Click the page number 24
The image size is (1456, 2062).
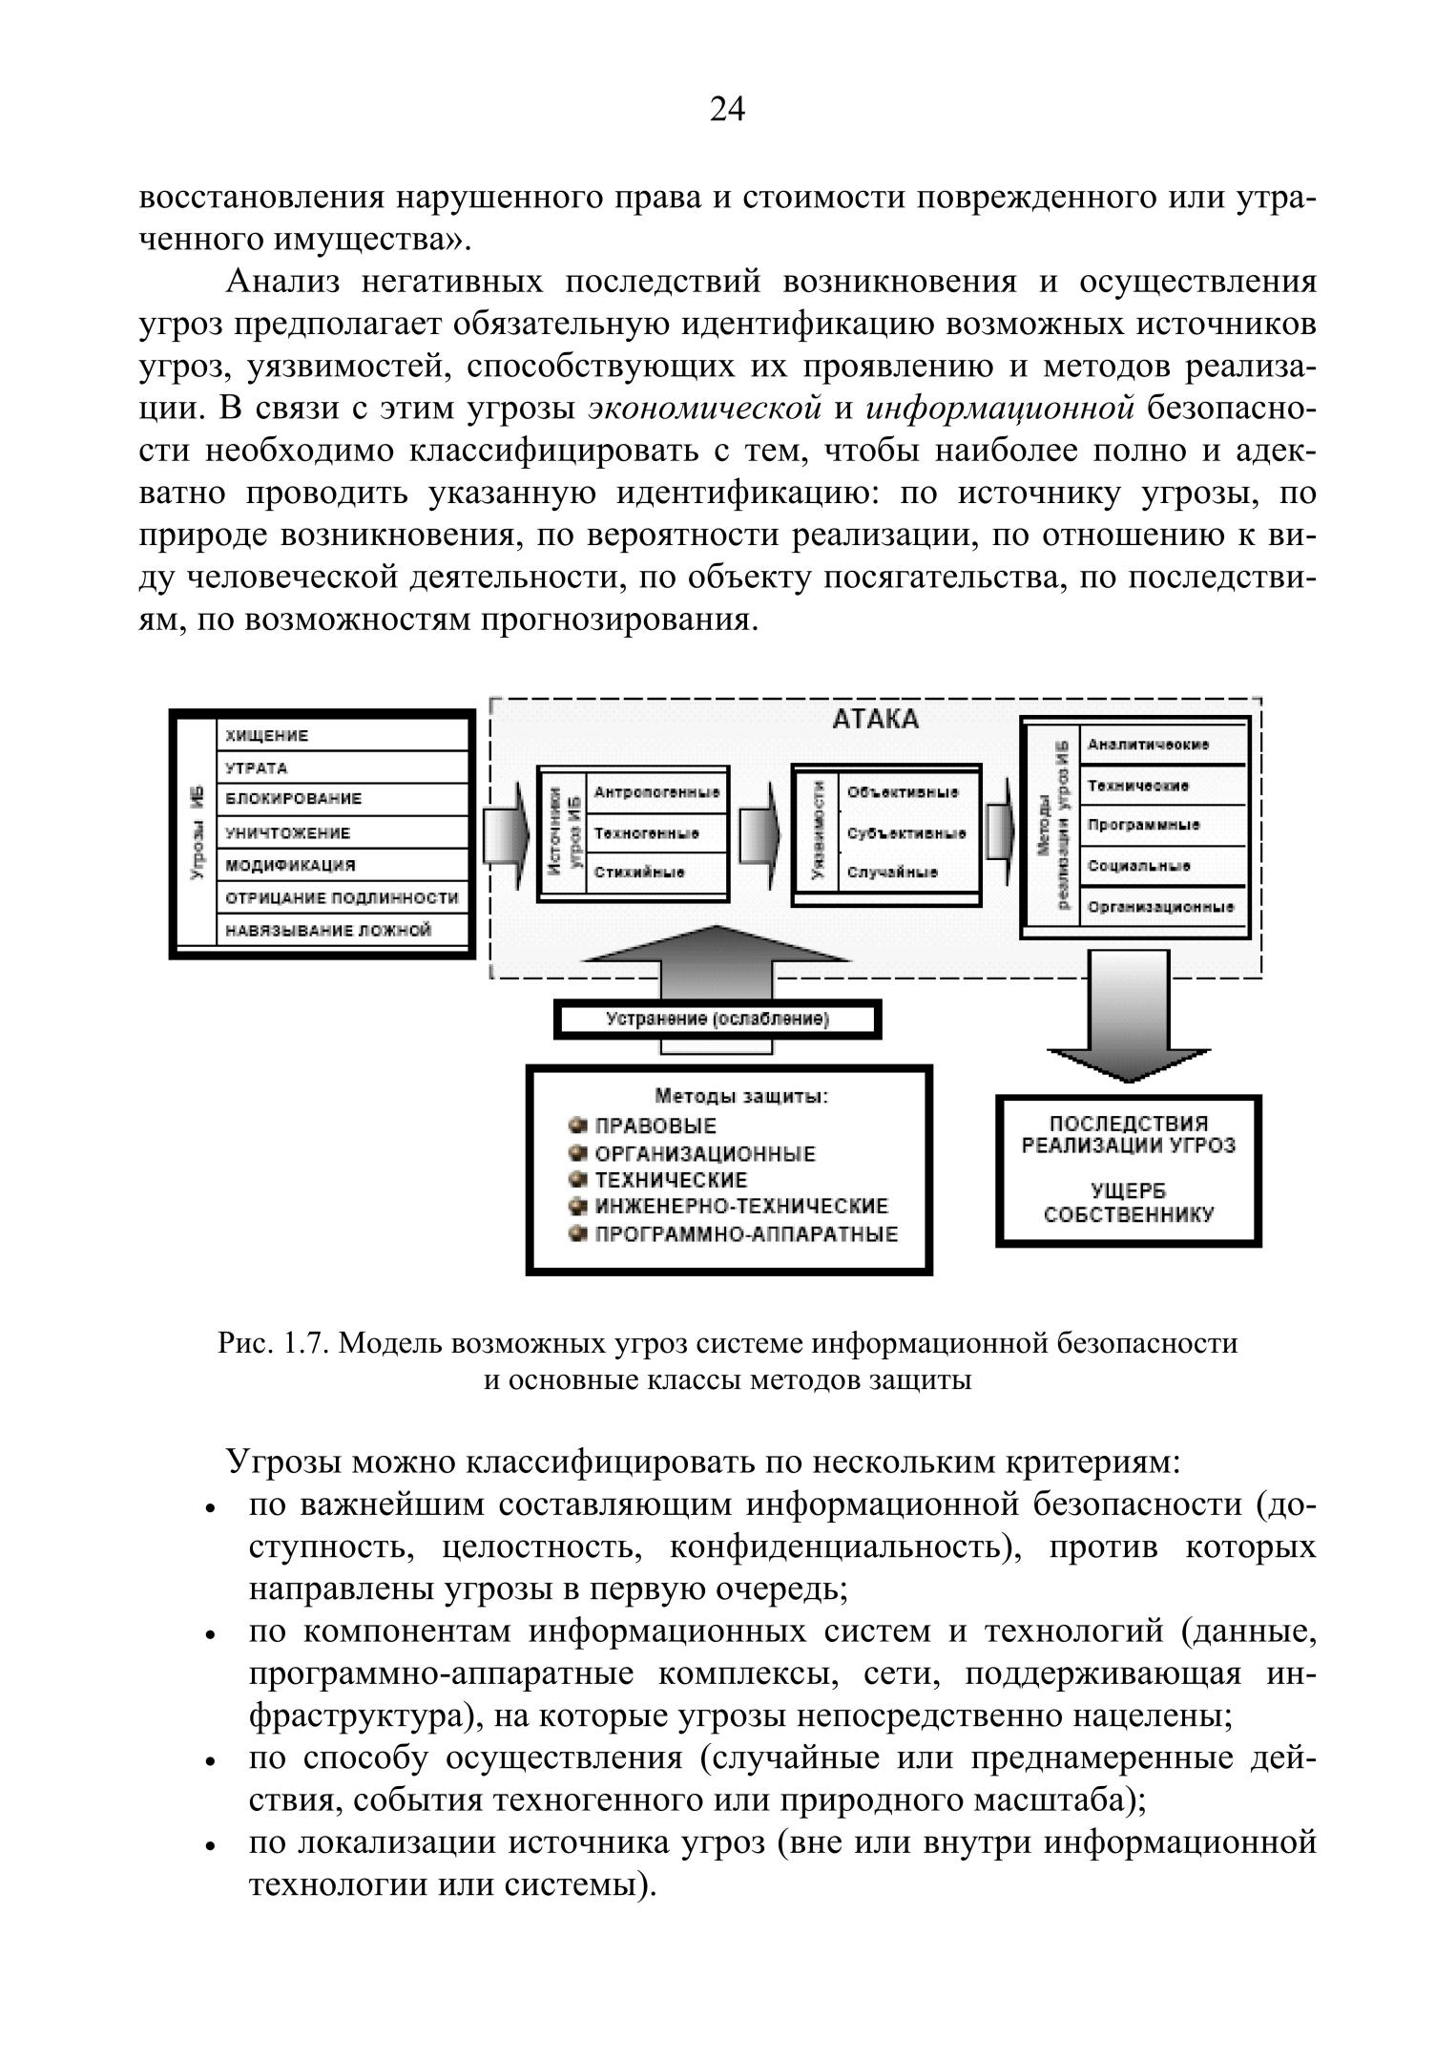(727, 111)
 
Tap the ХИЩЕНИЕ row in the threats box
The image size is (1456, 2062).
(267, 736)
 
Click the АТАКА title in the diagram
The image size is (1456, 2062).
(875, 719)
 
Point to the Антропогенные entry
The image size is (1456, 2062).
(656, 792)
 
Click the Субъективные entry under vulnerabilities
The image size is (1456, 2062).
(905, 832)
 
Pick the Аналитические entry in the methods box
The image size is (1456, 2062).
(1149, 745)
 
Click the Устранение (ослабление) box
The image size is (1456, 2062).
(718, 1020)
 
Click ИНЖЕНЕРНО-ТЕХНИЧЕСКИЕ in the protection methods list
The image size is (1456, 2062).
(741, 1207)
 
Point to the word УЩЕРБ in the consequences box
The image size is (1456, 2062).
(1129, 1191)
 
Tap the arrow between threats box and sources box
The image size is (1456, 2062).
(508, 834)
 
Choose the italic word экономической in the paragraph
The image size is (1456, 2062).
(705, 409)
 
